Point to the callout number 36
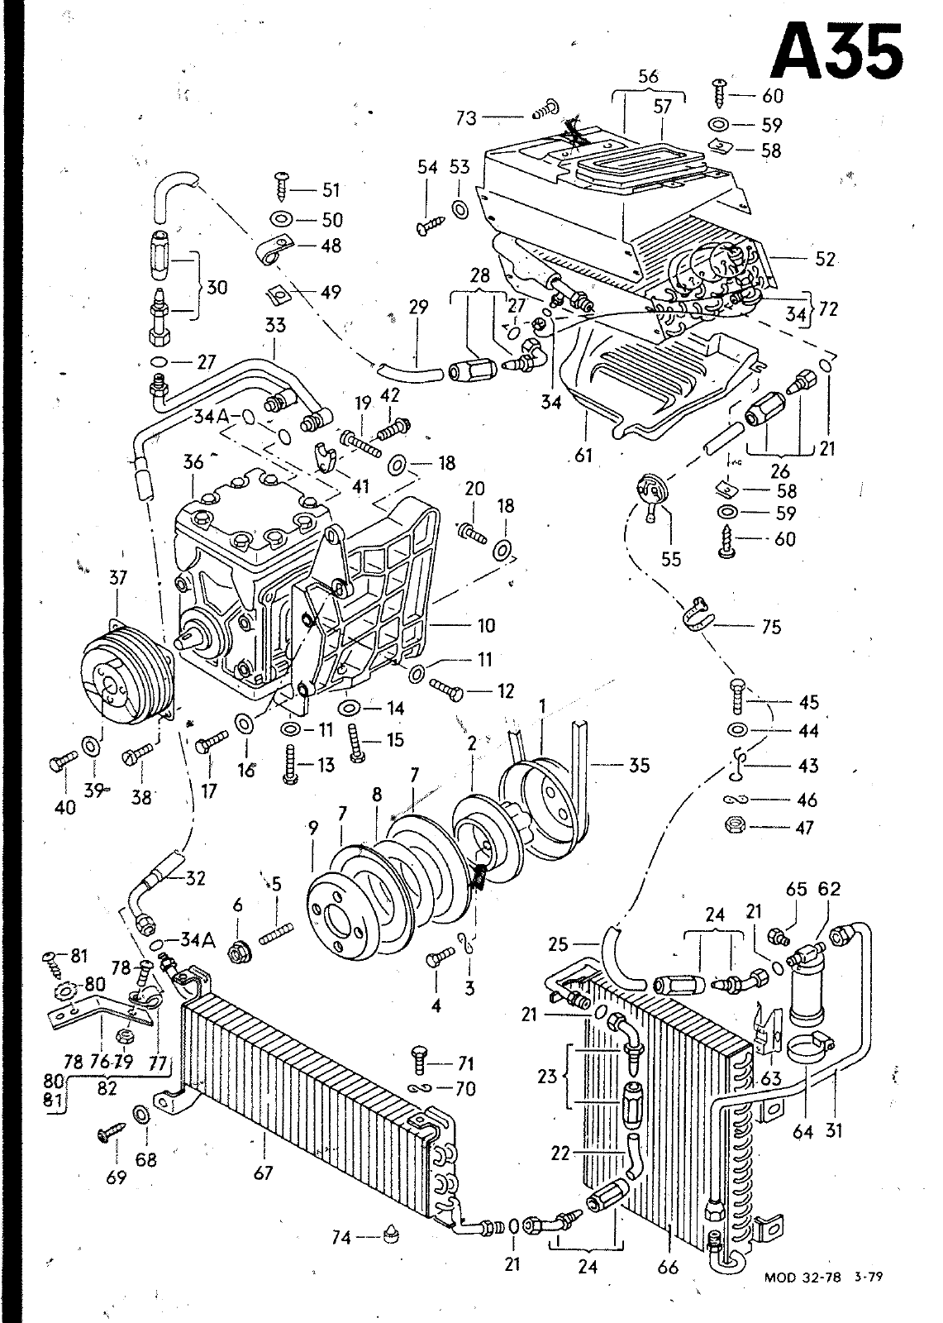pyautogui.click(x=193, y=461)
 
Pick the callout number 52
pyautogui.click(x=825, y=260)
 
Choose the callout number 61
pyautogui.click(x=583, y=455)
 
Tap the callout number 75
pyautogui.click(x=771, y=627)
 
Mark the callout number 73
pyautogui.click(x=466, y=118)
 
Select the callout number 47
pyautogui.click(x=804, y=828)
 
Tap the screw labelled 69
pyautogui.click(x=111, y=1133)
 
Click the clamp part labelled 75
pyautogui.click(x=697, y=616)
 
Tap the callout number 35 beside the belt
pyautogui.click(x=638, y=765)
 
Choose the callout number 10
pyautogui.click(x=485, y=625)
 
